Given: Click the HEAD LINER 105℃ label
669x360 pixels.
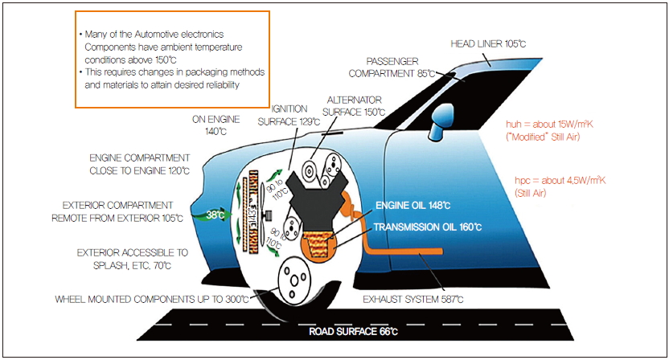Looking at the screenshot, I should (487, 43).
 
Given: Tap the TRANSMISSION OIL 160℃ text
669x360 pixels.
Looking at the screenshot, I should (427, 227).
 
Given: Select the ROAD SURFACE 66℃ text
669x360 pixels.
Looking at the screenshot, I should (354, 330).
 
